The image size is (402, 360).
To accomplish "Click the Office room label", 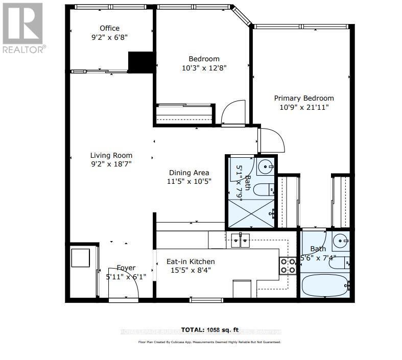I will pos(109,28).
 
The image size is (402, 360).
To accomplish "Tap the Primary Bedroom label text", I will pos(303,98).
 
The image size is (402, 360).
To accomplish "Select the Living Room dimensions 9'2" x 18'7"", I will pos(111,164).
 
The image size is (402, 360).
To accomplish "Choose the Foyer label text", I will pos(126,268).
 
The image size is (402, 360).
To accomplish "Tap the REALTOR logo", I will pos(23,28).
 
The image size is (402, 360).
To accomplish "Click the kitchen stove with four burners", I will pos(287,265).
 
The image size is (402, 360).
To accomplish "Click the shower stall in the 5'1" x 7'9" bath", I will pos(250,213).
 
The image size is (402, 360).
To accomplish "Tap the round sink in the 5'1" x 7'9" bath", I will pos(266,166).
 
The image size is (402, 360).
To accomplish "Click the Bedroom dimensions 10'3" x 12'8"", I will pos(204,67).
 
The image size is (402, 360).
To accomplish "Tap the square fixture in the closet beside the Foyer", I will pos(80,257).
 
